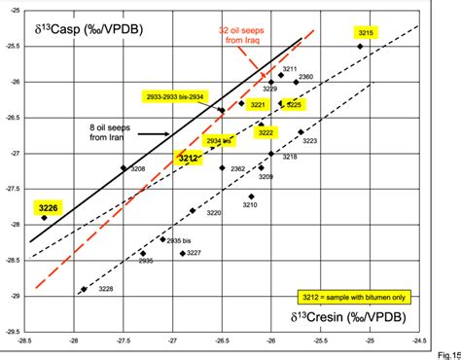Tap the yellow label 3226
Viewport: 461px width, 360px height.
coord(48,207)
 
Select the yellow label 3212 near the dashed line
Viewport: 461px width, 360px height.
coord(189,158)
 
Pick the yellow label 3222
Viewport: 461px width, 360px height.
coord(266,132)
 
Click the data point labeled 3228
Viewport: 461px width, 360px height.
coord(84,289)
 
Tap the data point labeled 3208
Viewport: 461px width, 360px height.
coord(124,168)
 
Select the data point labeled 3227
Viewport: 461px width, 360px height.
coord(183,253)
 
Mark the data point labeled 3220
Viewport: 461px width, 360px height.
coord(193,210)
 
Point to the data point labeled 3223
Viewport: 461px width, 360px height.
coord(301,131)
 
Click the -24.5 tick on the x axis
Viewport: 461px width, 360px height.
coord(419,342)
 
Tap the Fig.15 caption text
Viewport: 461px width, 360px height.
coord(446,353)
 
